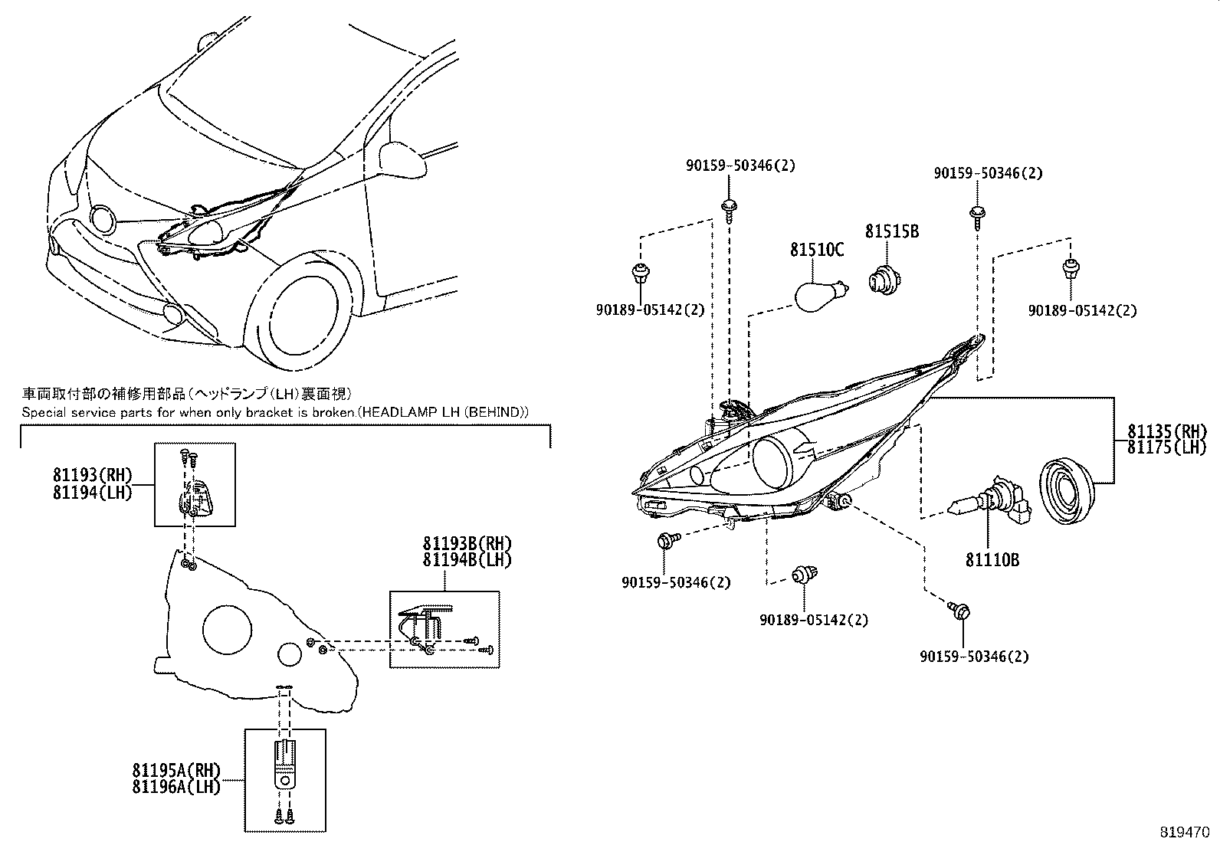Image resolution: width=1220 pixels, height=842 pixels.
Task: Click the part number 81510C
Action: tap(817, 251)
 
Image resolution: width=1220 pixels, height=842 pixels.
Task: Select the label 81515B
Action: tap(892, 231)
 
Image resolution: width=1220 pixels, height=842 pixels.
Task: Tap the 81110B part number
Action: tap(992, 560)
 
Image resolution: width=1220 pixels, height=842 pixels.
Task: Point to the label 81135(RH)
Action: tap(1166, 431)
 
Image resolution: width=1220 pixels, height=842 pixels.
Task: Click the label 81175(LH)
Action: tap(1166, 447)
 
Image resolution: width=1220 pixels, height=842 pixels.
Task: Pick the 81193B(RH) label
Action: tap(467, 544)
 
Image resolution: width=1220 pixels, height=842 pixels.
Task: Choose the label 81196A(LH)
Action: tap(176, 787)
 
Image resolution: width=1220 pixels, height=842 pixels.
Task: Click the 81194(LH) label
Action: tap(93, 493)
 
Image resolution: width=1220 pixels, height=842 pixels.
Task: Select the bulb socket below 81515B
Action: tap(884, 279)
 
